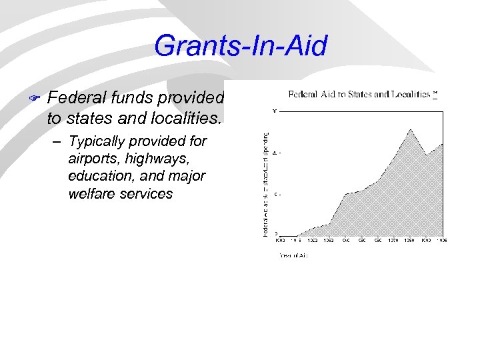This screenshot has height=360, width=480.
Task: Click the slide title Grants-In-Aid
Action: click(241, 47)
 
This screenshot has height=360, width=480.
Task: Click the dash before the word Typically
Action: click(59, 142)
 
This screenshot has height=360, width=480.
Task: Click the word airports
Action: click(94, 159)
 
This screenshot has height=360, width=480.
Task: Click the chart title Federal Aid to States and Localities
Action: click(359, 94)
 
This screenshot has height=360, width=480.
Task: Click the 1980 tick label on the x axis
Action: click(410, 240)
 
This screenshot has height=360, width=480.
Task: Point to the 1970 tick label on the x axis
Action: click(394, 240)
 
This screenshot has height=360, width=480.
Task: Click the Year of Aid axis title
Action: click(293, 254)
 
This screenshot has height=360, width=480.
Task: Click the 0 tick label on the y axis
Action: click(276, 234)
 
